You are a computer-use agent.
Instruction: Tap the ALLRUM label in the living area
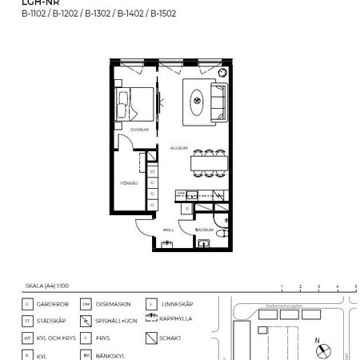178,148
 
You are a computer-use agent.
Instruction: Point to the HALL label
168,229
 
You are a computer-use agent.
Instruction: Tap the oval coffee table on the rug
198,102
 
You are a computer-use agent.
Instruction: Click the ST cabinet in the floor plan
152,171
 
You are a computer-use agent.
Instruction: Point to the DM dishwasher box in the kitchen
181,194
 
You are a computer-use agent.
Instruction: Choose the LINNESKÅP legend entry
174,304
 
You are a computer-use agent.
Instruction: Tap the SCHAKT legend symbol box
150,337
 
